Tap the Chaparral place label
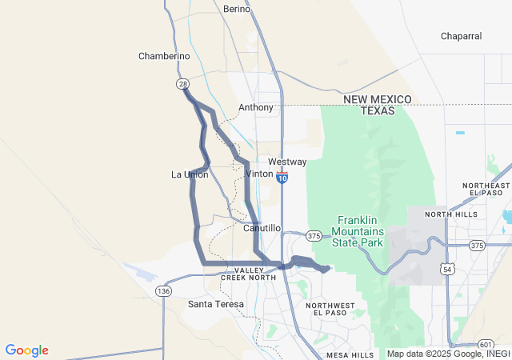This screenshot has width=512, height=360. [x=461, y=36]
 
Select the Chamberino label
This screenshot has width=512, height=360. [x=164, y=56]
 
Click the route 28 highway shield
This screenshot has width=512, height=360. [x=183, y=83]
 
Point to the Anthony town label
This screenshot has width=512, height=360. [x=255, y=107]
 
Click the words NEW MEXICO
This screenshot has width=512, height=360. [x=378, y=99]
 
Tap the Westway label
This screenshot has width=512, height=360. [x=287, y=162]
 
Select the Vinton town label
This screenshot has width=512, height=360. [x=259, y=174]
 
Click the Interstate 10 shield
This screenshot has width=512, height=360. [x=282, y=178]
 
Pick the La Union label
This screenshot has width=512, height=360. [x=190, y=174]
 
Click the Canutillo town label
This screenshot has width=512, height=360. [x=262, y=228]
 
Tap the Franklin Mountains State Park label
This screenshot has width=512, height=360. [x=358, y=231]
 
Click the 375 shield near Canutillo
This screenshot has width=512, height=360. [x=314, y=236]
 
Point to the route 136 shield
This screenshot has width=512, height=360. [x=163, y=290]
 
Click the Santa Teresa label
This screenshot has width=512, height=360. [x=215, y=304]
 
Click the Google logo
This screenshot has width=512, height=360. [x=26, y=350]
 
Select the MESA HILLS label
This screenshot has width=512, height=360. [x=350, y=354]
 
